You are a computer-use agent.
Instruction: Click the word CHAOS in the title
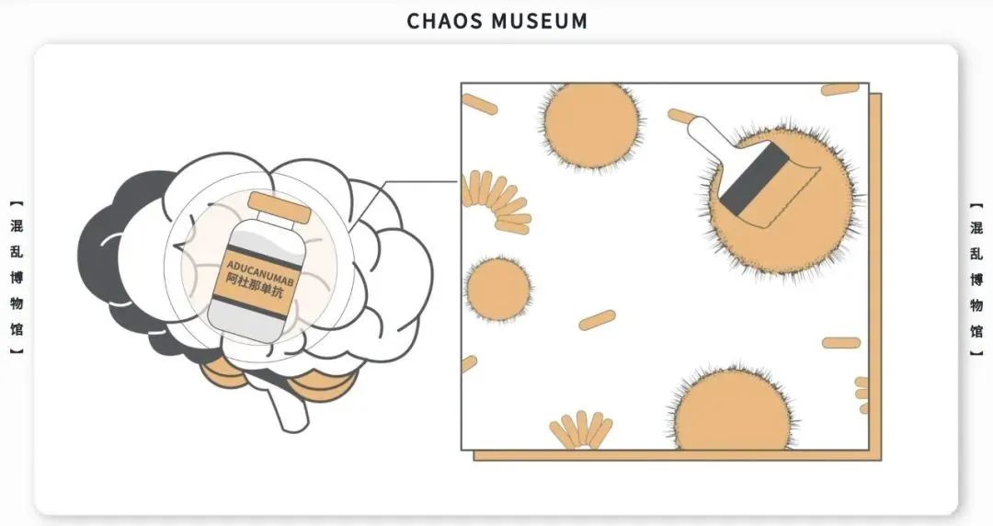pyautogui.click(x=443, y=20)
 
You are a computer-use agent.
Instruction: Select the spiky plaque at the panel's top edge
pyautogui.click(x=588, y=123)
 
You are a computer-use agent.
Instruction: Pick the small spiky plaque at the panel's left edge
pyautogui.click(x=498, y=289)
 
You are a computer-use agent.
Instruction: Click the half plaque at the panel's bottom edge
pyautogui.click(x=732, y=412)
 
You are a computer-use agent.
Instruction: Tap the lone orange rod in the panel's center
pyautogui.click(x=597, y=320)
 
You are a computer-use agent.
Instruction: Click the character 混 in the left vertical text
pyautogui.click(x=17, y=227)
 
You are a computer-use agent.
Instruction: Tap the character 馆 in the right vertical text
pyautogui.click(x=977, y=330)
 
